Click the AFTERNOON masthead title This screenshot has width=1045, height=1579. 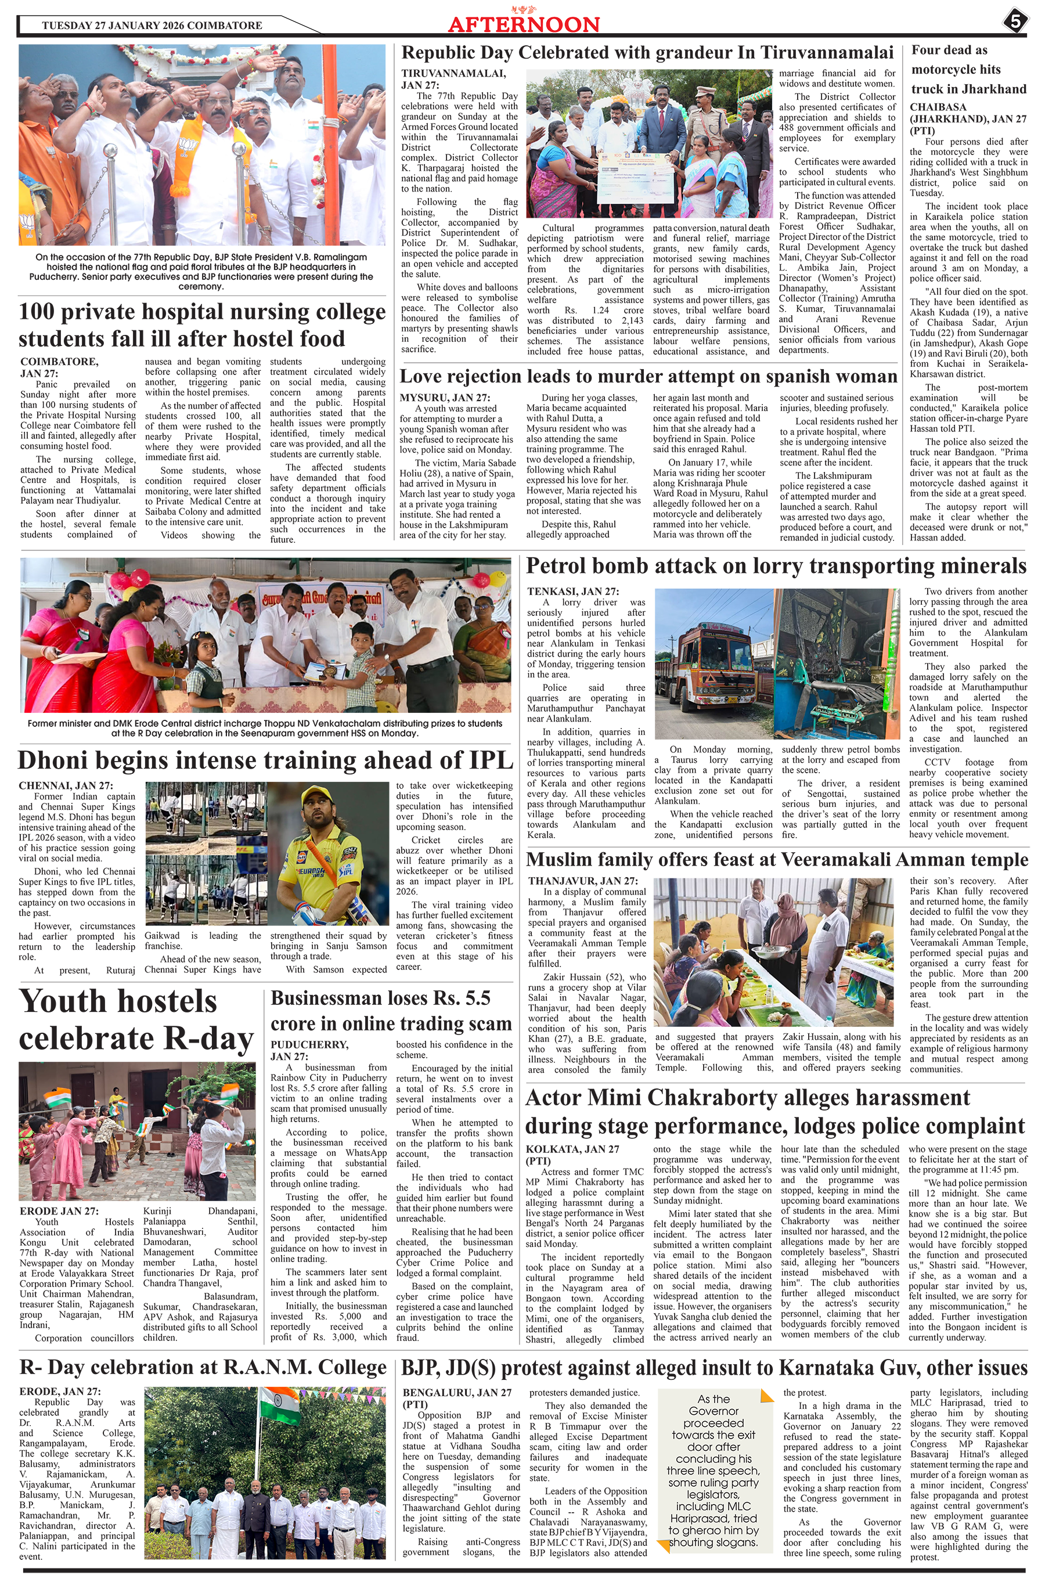pyautogui.click(x=523, y=24)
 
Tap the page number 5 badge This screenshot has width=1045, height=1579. pyautogui.click(x=1015, y=22)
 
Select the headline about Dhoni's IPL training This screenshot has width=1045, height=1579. pyautogui.click(x=266, y=760)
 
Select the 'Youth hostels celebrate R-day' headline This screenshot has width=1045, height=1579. pyautogui.click(x=136, y=1020)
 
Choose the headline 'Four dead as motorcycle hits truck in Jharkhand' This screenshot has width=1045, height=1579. pyautogui.click(x=968, y=69)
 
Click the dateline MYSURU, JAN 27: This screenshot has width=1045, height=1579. pyautogui.click(x=445, y=398)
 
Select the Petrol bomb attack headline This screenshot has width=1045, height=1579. pyautogui.click(x=776, y=565)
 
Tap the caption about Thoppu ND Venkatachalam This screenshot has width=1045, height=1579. pyautogui.click(x=265, y=728)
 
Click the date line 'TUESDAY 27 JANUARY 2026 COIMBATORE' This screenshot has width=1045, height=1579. pyautogui.click(x=152, y=26)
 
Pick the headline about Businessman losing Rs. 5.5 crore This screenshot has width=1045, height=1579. pyautogui.click(x=391, y=1011)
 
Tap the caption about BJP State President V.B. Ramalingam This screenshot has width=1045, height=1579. pyautogui.click(x=201, y=272)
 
